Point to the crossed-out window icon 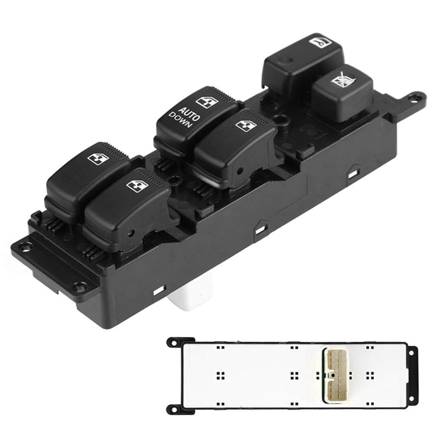[341, 81]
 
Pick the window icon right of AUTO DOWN [246, 125]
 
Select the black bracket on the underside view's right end [412, 375]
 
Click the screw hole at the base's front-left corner [81, 286]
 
